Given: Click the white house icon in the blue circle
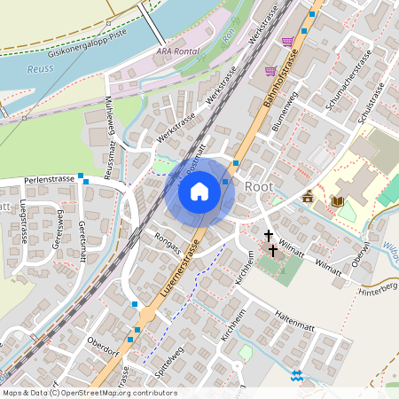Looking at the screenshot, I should (199, 191).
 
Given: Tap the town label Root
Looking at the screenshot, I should (258, 186).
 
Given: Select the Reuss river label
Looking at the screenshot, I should (40, 67).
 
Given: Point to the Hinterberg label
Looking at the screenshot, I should (377, 288).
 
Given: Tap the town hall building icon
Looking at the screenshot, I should (308, 197).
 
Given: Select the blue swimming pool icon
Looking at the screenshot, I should (296, 376).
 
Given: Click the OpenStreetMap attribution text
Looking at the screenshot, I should (89, 393).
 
